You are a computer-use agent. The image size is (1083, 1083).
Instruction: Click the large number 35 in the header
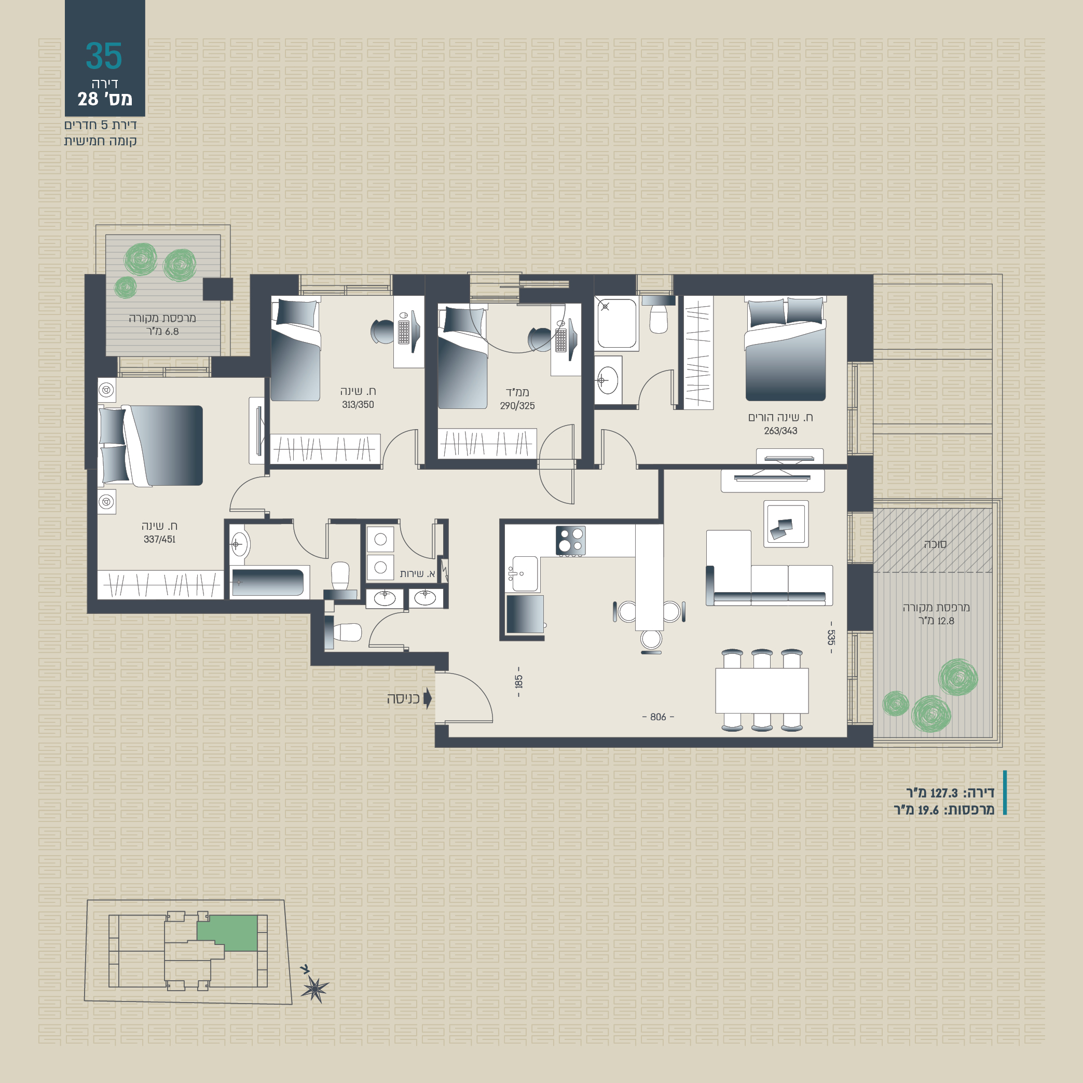tap(104, 56)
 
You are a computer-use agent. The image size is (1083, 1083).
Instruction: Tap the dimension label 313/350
tap(358, 405)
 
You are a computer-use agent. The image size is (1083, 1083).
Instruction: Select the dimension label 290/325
tap(517, 406)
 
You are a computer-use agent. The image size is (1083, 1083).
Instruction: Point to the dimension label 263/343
tap(780, 431)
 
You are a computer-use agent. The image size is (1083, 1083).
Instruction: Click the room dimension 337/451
tap(160, 539)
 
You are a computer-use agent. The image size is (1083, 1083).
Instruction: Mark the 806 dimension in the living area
tap(658, 717)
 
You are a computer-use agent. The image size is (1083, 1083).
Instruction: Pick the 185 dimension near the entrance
tap(518, 682)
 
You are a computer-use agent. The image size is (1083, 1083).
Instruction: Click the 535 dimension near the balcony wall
tap(831, 637)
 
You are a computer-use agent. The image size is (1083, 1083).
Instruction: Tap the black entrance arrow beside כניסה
tap(428, 698)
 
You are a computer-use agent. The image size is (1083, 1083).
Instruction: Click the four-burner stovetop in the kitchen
tap(571, 540)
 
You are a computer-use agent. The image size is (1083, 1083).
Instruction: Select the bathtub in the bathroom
tap(268, 582)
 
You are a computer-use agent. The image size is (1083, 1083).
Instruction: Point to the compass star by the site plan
tap(314, 988)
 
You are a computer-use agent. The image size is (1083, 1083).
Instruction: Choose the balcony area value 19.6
tap(928, 810)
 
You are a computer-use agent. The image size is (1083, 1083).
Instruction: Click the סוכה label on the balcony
tap(935, 544)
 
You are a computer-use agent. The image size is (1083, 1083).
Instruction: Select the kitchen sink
tap(525, 573)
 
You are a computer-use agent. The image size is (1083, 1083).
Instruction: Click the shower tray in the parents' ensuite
tap(616, 323)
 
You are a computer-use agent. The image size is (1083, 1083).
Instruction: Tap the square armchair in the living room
tap(786, 524)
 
